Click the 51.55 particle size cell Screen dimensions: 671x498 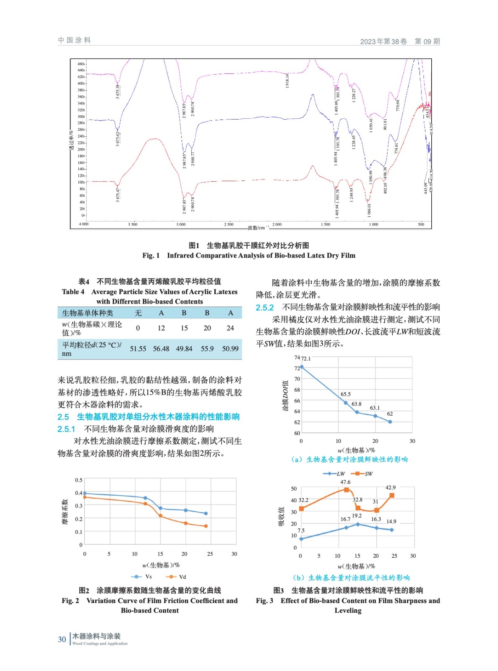click(x=138, y=349)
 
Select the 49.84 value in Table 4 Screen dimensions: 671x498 click(x=184, y=349)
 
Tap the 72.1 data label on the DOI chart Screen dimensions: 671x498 click(x=306, y=359)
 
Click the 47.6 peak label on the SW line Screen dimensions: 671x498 click(x=345, y=482)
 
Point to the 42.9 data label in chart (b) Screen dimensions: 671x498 click(x=391, y=487)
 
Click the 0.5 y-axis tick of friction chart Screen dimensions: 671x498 click(x=78, y=480)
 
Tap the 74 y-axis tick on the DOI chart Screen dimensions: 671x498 click(x=297, y=357)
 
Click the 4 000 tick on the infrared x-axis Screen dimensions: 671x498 click(x=84, y=224)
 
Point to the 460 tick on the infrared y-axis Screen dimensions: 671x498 click(x=80, y=64)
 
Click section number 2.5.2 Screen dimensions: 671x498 click(x=265, y=307)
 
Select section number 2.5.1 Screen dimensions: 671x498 click(x=66, y=429)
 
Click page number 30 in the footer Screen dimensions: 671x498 click(x=62, y=639)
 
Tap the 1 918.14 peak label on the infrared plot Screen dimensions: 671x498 click(x=287, y=81)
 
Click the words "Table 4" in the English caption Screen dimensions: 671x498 click(x=73, y=291)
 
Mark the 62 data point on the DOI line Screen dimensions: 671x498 click(x=390, y=421)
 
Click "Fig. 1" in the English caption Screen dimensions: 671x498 click(x=151, y=255)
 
